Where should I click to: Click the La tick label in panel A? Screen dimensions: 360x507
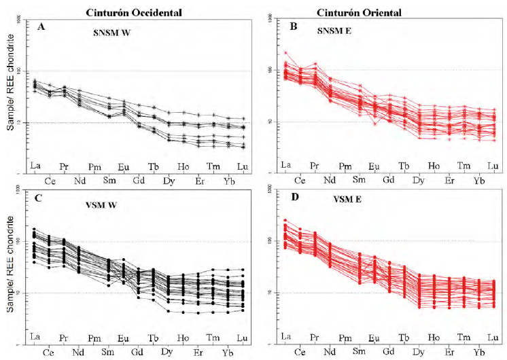point(34,166)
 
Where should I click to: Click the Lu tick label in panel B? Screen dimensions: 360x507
point(492,166)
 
